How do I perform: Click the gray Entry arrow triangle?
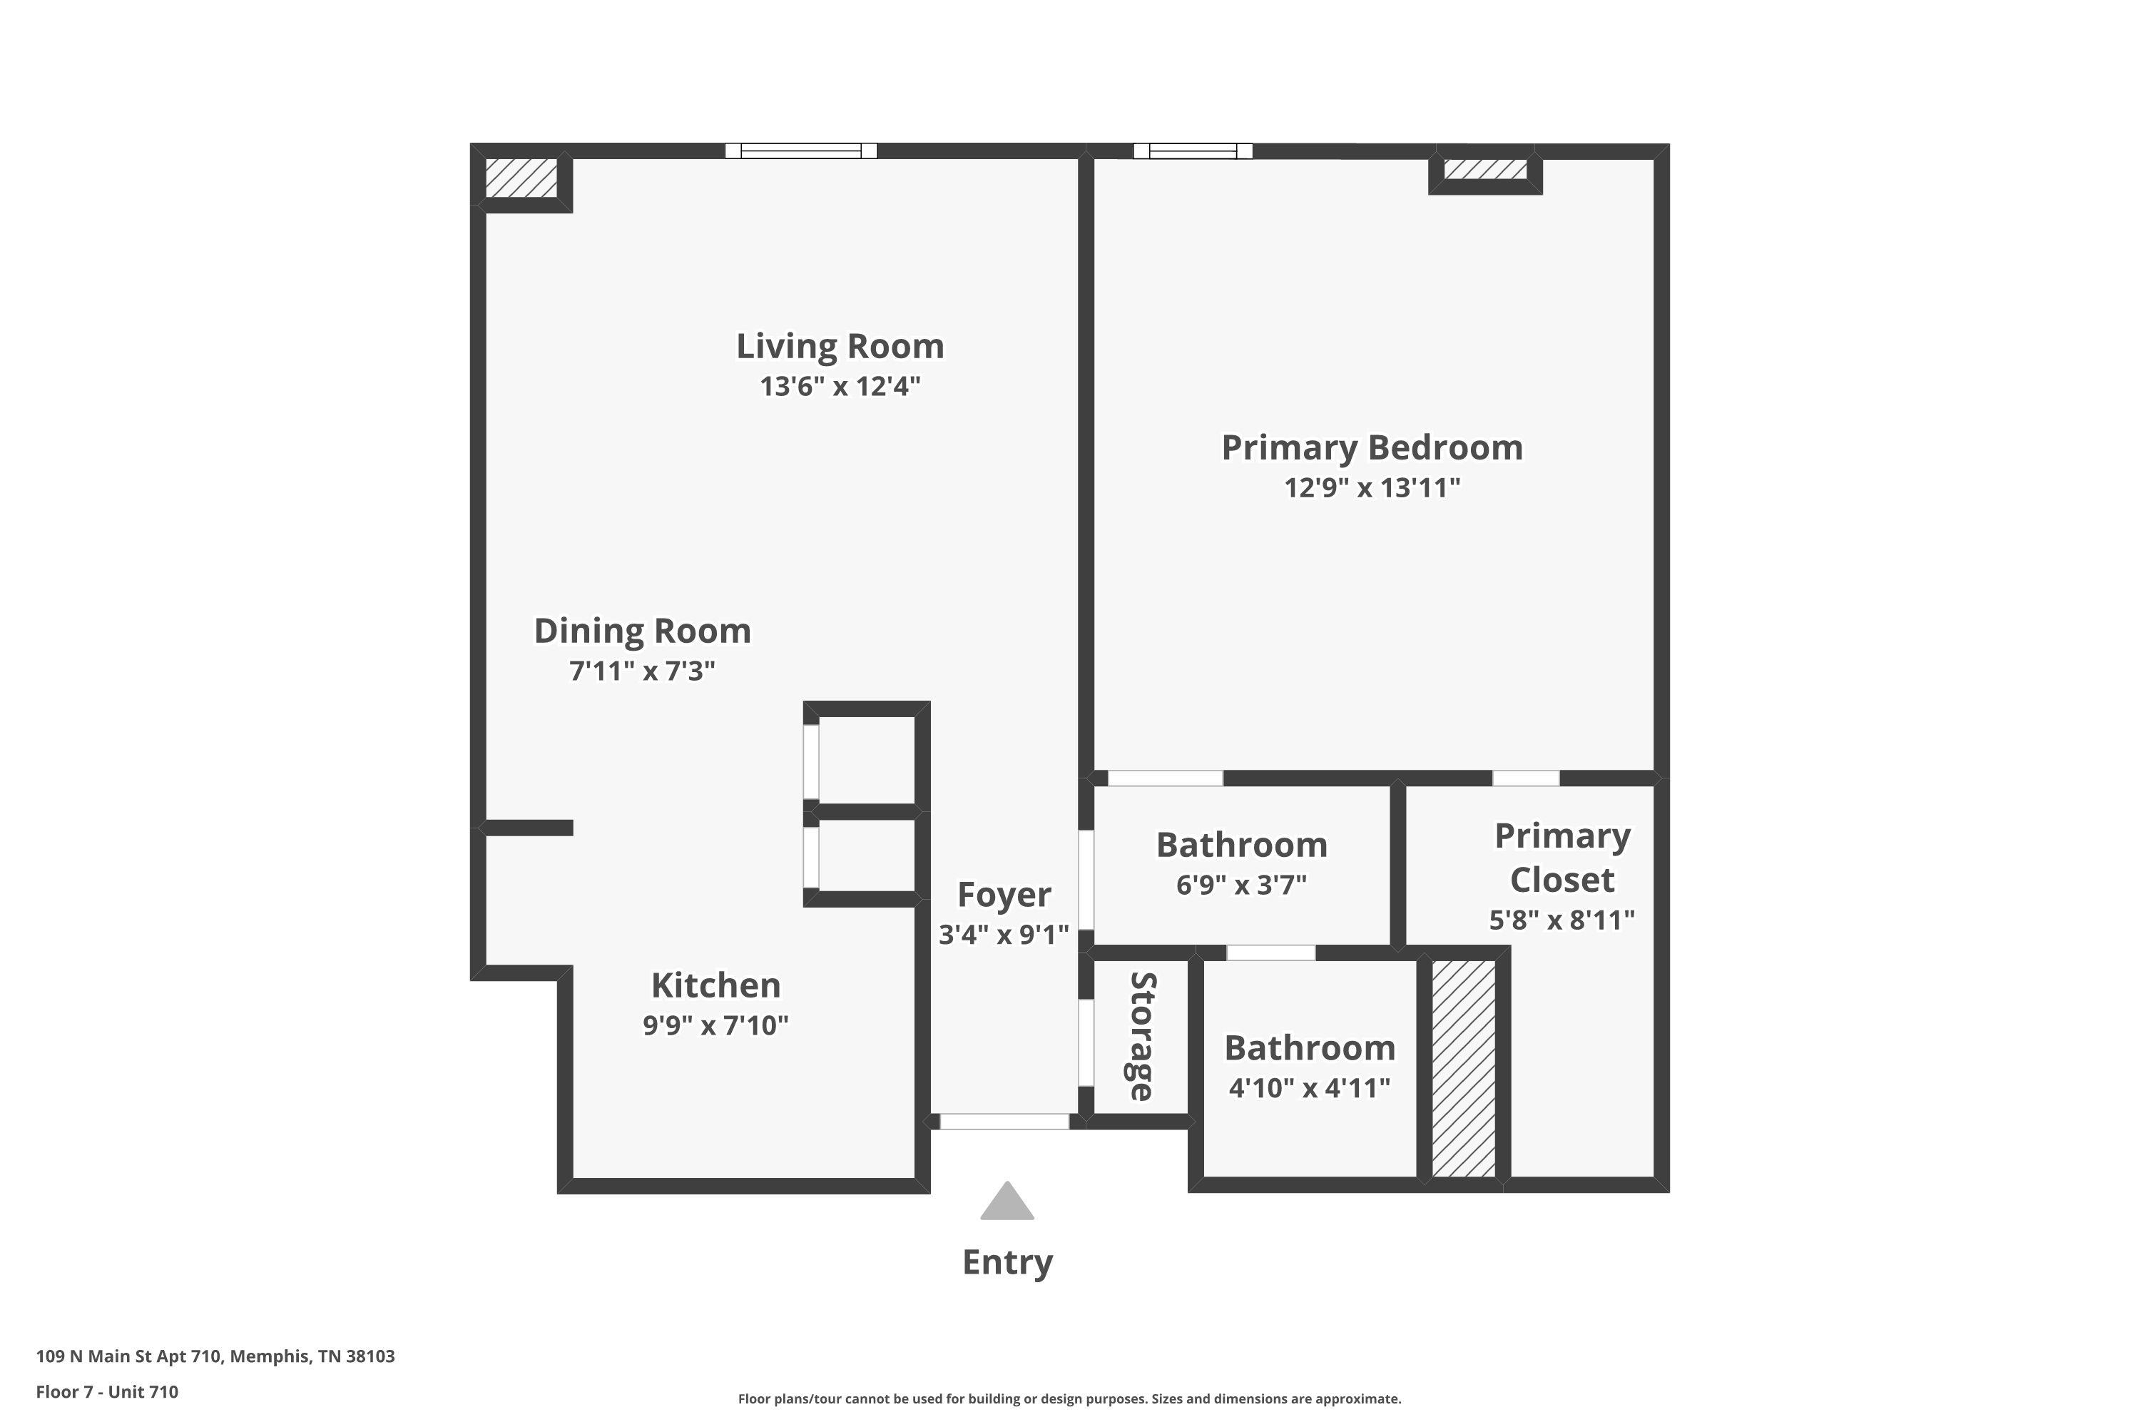pyautogui.click(x=1007, y=1203)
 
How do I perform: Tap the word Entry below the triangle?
pyautogui.click(x=1007, y=1262)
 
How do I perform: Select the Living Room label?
pyautogui.click(x=840, y=347)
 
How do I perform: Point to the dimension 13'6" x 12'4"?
pyautogui.click(x=840, y=387)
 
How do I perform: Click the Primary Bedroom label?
pyautogui.click(x=1371, y=448)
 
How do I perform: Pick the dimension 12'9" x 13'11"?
pyautogui.click(x=1371, y=488)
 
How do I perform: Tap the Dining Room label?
pyautogui.click(x=643, y=631)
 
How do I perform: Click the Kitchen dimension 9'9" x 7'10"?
pyautogui.click(x=715, y=1026)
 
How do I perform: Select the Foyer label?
pyautogui.click(x=1004, y=895)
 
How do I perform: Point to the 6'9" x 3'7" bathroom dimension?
pyautogui.click(x=1241, y=885)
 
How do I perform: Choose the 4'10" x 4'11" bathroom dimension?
pyautogui.click(x=1309, y=1087)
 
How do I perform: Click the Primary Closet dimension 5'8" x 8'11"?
pyautogui.click(x=1561, y=920)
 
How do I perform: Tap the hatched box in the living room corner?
pyautogui.click(x=521, y=178)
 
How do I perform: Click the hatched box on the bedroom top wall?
pyautogui.click(x=1485, y=169)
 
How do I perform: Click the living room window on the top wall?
pyautogui.click(x=800, y=151)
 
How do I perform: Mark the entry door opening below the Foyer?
pyautogui.click(x=1004, y=1121)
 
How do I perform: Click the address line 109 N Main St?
pyautogui.click(x=215, y=1356)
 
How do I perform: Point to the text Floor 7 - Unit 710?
pyautogui.click(x=108, y=1391)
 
